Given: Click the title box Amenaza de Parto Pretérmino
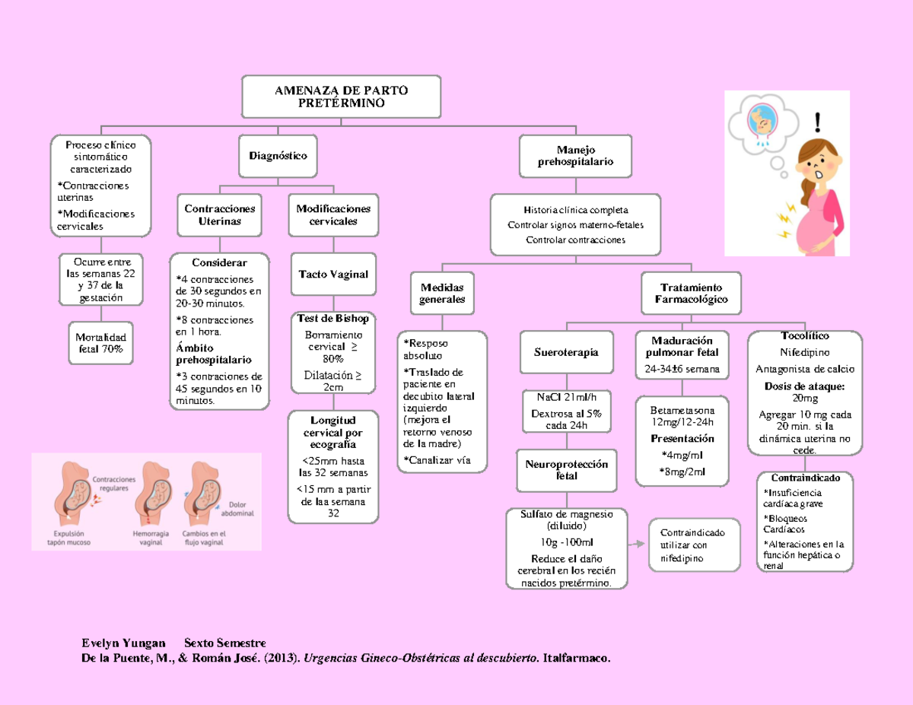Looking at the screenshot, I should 341,97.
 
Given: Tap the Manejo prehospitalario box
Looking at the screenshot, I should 575,156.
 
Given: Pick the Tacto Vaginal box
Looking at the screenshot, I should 333,275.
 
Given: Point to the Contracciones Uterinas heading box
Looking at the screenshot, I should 220,214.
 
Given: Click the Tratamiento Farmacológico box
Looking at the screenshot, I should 691,294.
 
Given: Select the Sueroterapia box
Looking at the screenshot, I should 566,352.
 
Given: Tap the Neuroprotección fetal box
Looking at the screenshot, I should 566,470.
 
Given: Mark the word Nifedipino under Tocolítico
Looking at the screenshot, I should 805,353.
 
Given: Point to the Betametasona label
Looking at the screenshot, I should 682,410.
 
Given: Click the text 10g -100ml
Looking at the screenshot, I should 566,542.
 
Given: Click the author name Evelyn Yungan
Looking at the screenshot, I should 123,643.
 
